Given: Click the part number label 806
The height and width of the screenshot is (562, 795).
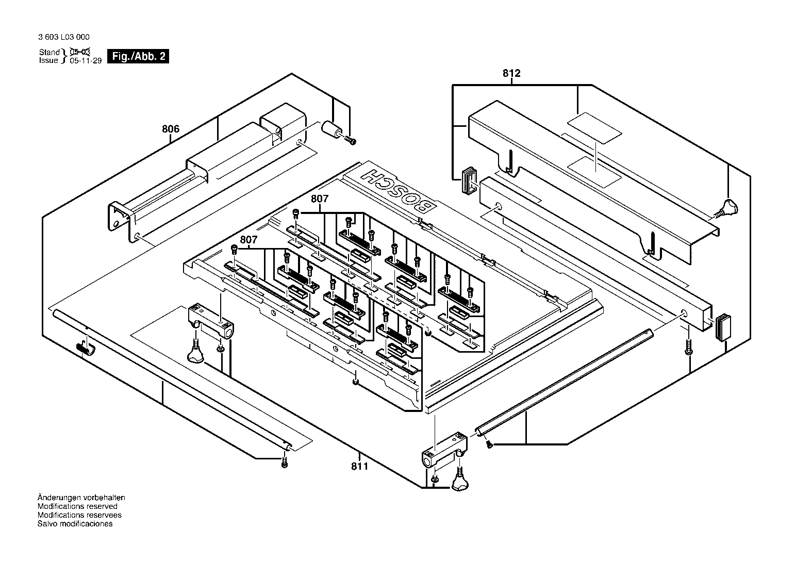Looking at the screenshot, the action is click(171, 129).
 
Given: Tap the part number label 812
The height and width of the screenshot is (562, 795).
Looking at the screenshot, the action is click(511, 73).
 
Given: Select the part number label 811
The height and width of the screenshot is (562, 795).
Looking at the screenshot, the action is click(359, 466).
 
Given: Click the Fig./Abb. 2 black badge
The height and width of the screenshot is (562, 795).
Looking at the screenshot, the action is click(138, 56).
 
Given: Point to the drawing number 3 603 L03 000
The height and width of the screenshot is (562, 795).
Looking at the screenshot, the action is click(63, 37).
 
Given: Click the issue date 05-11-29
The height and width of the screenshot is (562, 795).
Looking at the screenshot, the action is click(86, 61).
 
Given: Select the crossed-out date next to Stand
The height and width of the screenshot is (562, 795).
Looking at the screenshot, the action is click(80, 52).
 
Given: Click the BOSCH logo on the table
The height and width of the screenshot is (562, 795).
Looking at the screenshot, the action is click(399, 191).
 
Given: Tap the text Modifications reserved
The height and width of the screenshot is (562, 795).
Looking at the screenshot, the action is click(77, 506).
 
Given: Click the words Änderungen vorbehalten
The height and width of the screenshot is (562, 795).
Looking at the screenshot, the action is click(81, 498).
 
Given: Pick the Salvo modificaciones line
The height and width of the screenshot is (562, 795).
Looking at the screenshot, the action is click(75, 524).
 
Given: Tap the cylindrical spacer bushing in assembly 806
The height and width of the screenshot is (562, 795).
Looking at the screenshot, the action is click(332, 130).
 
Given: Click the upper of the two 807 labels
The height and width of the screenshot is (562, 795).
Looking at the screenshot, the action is click(320, 199).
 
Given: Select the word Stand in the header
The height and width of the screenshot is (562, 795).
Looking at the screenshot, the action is click(49, 52).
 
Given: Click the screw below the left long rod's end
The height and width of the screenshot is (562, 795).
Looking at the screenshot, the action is click(284, 463).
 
